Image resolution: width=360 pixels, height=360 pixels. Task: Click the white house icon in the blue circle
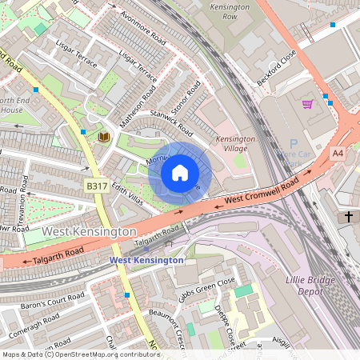coord(180,173)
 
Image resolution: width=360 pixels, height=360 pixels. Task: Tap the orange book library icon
coord(103,138)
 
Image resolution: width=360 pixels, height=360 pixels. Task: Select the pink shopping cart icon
coord(307,104)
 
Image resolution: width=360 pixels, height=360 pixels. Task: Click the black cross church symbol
coord(348,217)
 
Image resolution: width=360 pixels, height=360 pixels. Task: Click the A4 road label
coord(338,153)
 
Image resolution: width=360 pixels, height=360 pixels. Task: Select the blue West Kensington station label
coord(146,260)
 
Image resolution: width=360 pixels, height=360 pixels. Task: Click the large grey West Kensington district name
coord(89,231)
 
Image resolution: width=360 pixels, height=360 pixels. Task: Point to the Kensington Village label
coord(234,143)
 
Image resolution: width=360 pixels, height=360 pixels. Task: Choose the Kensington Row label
coord(232,10)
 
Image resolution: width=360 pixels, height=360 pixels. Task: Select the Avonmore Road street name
coord(142,27)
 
